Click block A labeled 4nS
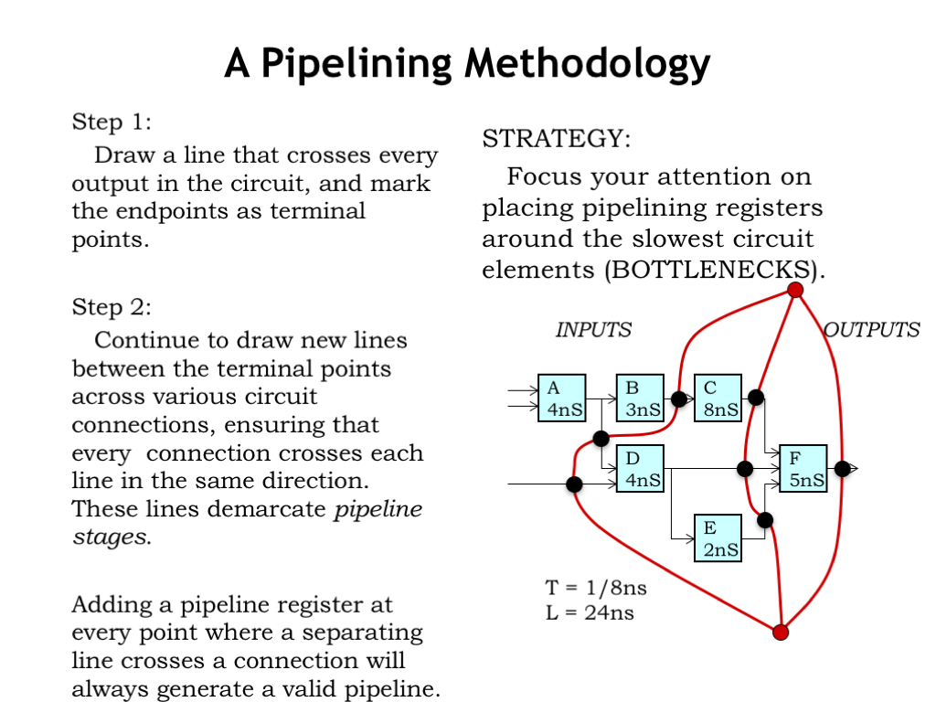coord(561,399)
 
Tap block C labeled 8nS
coord(718,399)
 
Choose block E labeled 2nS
coord(718,537)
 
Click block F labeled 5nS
coord(803,468)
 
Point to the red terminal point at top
coord(795,290)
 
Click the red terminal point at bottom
coord(781,632)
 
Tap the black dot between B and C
coord(679,399)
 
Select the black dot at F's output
coord(843,468)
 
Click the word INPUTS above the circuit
coord(593,330)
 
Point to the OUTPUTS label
coord(873,330)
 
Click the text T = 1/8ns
coord(596,588)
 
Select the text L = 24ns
coord(590,612)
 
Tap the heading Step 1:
coord(112,122)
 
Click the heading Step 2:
coord(112,306)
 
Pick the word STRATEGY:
coord(556,139)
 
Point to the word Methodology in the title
coord(587,64)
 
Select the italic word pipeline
coord(378,509)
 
